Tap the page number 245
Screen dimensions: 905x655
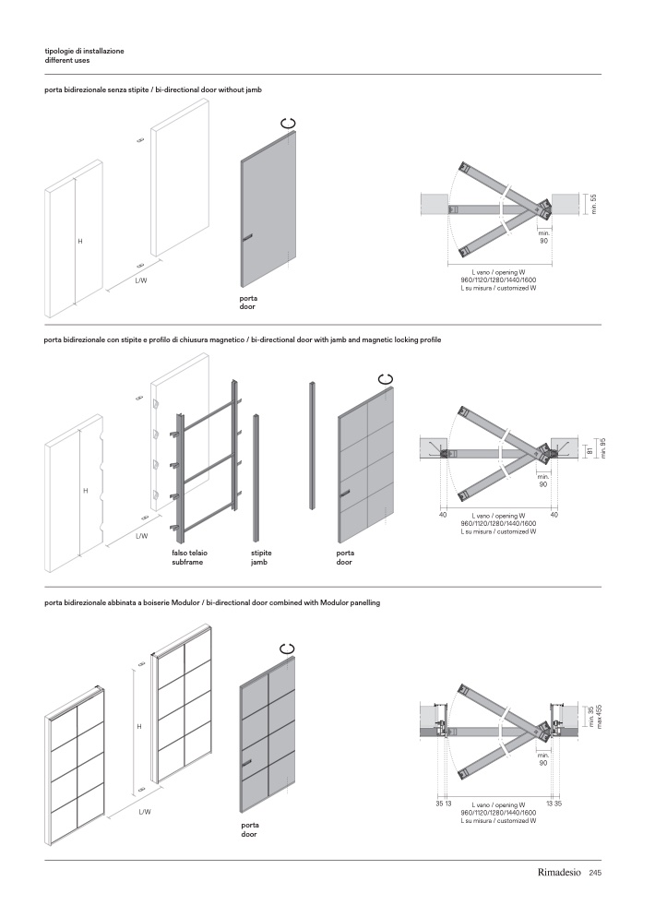pyautogui.click(x=595, y=873)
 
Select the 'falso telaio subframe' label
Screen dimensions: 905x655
pyautogui.click(x=187, y=557)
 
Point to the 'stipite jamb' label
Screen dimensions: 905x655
pyautogui.click(x=261, y=557)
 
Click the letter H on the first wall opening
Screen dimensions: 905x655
pyautogui.click(x=80, y=241)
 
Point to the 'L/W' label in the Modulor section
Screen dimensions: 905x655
pyautogui.click(x=145, y=812)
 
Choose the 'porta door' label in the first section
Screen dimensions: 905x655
pyautogui.click(x=248, y=303)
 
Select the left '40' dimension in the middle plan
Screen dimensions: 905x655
pyautogui.click(x=443, y=515)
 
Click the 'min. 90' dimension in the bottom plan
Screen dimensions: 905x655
pyautogui.click(x=543, y=759)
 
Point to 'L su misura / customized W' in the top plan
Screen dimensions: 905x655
pyautogui.click(x=498, y=289)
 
